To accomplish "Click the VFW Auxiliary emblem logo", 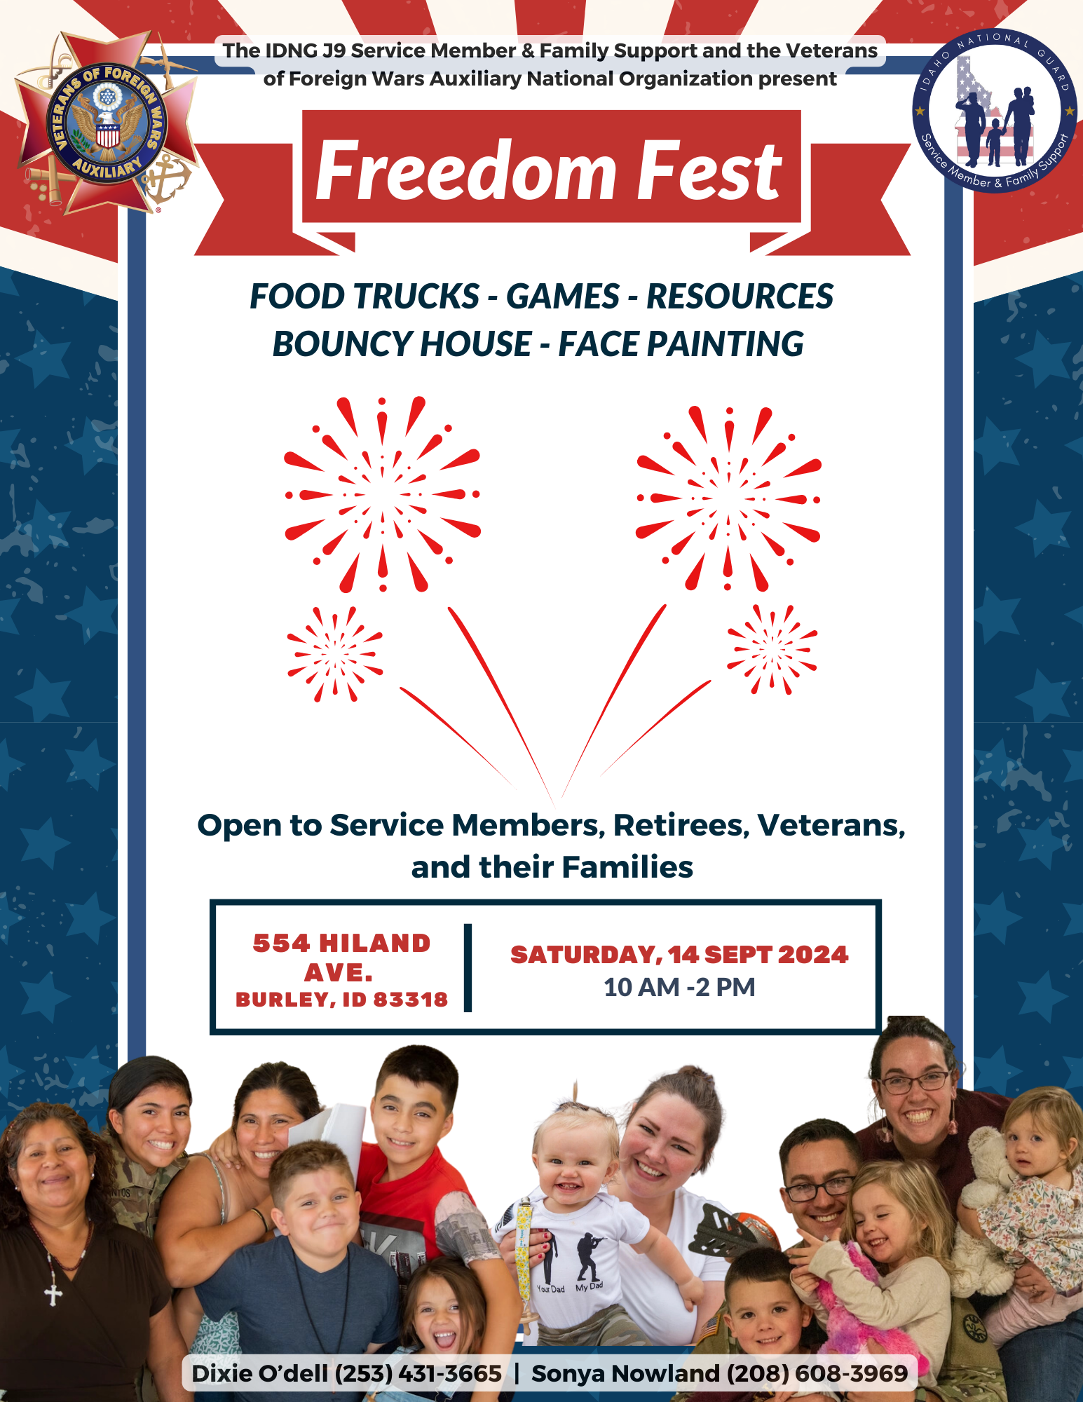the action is click(107, 125).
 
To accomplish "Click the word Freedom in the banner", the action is click(466, 170).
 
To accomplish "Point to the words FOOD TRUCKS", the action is click(365, 297).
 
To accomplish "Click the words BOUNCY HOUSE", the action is click(402, 344).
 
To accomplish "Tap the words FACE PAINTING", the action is click(681, 344).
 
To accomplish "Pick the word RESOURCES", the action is click(740, 297).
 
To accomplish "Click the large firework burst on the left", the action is click(383, 495).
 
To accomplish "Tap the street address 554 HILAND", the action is click(341, 944).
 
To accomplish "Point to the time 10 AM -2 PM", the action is click(679, 987).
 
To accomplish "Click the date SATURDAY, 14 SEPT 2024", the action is click(679, 955).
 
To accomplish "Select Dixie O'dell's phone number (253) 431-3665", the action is click(418, 1373).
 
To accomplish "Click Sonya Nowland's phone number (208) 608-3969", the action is click(817, 1373).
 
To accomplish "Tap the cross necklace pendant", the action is click(53, 1293).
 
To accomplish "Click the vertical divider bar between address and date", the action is click(468, 967).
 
